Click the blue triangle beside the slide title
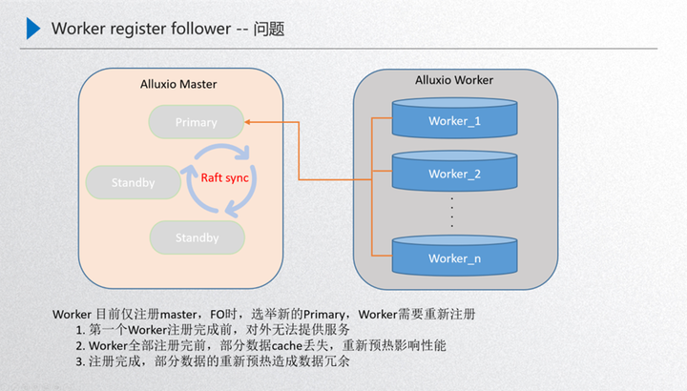point(33,28)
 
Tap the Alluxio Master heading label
point(178,84)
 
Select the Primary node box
point(196,122)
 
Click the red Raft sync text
point(225,176)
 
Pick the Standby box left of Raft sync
point(133,182)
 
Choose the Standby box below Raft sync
point(197,237)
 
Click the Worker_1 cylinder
point(454,121)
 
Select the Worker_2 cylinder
point(454,174)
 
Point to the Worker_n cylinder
point(454,257)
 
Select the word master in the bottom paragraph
point(178,314)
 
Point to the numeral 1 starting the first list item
point(80,329)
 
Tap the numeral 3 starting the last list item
point(80,361)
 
